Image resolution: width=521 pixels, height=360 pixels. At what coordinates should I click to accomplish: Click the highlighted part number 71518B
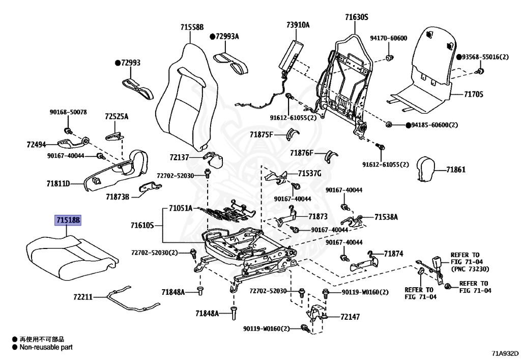pos(69,220)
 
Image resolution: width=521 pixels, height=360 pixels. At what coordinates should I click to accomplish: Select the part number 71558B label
pos(191,27)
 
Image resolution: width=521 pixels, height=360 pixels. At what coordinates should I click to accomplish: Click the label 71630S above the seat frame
pos(356,17)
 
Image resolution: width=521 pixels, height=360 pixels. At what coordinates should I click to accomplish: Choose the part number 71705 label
pos(473,94)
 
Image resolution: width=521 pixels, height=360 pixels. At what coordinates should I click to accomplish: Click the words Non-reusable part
pos(46,347)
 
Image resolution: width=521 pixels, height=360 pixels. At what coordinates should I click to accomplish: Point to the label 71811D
pos(58,182)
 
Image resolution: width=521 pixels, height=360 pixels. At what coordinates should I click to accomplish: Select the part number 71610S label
pos(141,225)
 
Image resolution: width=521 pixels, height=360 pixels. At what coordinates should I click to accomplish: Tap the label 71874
pos(393,253)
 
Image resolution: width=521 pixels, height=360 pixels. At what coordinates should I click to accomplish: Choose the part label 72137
pos(179,158)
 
